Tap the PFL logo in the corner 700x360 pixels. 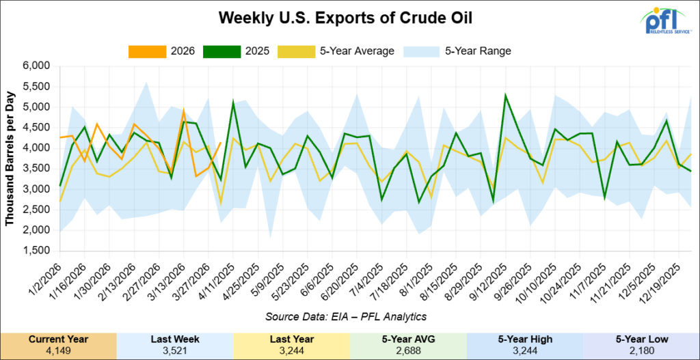coord(667,20)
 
